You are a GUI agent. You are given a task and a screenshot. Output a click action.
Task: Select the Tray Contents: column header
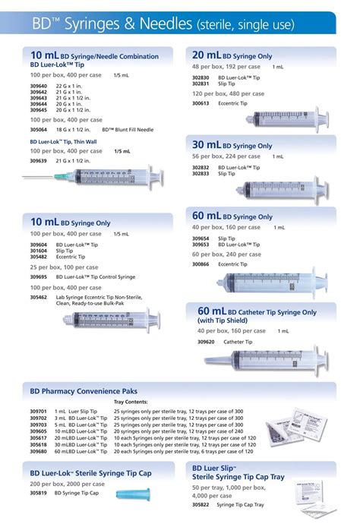[131, 402]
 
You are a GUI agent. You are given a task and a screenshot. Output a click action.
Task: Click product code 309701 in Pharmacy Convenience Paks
[38, 412]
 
